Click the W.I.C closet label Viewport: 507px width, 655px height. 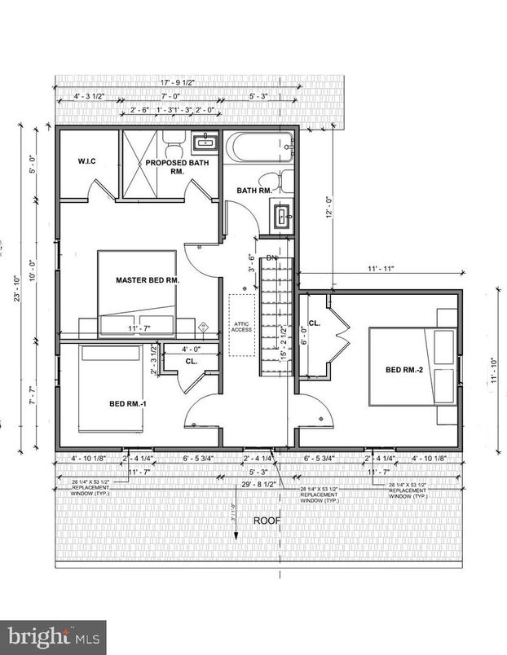point(86,161)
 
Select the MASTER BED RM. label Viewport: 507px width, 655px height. point(148,279)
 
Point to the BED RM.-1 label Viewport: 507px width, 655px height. point(127,403)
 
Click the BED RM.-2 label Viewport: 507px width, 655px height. point(405,370)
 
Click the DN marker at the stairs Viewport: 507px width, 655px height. point(272,258)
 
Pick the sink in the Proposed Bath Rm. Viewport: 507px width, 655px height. point(204,144)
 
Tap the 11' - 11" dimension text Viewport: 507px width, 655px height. point(381,268)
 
